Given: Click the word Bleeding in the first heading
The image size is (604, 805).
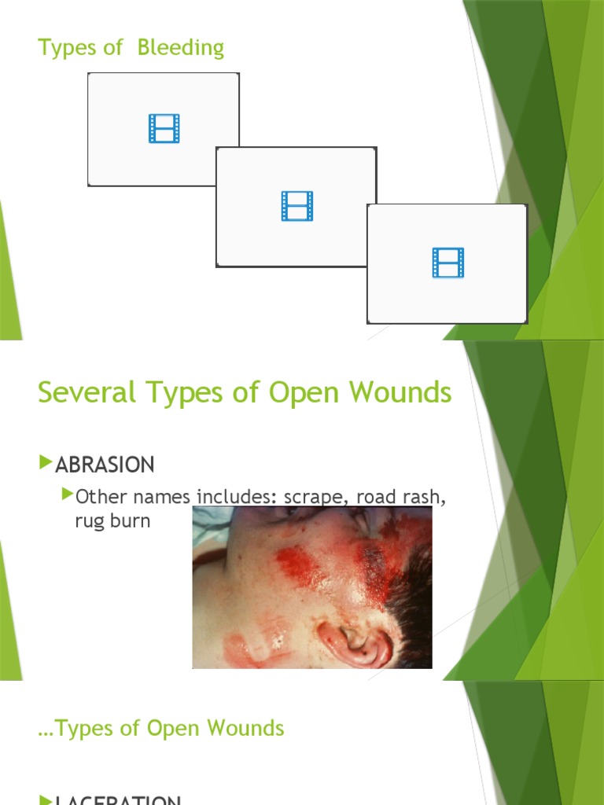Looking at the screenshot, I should click(x=180, y=48).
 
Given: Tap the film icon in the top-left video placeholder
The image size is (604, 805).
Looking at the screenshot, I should click(x=164, y=128).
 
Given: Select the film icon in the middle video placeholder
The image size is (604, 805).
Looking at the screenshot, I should click(x=297, y=206).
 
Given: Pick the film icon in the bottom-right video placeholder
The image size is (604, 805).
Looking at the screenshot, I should click(x=448, y=263).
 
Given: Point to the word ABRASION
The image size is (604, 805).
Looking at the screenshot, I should click(x=105, y=465).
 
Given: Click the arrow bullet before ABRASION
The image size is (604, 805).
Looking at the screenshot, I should click(x=46, y=464).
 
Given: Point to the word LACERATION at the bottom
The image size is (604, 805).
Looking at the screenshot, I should click(x=118, y=800).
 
